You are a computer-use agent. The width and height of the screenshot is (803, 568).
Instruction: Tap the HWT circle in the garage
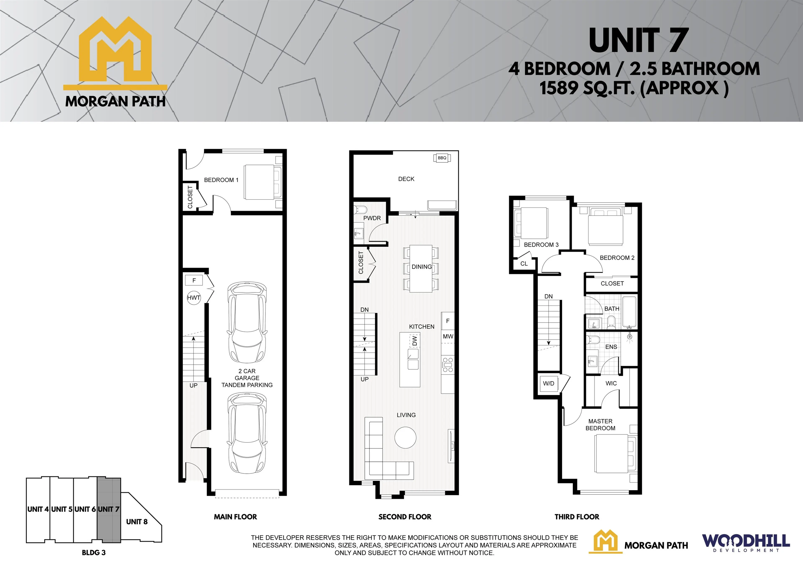click(194, 298)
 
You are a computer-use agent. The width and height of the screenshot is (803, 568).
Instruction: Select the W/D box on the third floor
click(548, 383)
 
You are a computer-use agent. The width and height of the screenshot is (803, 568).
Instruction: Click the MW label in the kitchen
click(448, 336)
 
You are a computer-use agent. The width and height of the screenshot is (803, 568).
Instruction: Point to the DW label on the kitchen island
click(414, 341)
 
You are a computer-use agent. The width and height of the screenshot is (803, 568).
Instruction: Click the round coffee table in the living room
click(405, 437)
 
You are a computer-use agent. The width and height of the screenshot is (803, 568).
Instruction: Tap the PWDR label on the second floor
click(372, 218)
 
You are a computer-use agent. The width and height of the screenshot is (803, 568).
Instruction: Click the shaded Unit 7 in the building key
click(109, 510)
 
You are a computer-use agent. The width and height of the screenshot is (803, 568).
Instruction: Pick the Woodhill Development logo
click(746, 542)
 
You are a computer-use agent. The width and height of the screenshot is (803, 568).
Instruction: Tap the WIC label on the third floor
click(611, 383)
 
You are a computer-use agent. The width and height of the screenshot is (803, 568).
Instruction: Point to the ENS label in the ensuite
click(611, 347)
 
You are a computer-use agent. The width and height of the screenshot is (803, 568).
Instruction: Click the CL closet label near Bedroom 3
click(524, 264)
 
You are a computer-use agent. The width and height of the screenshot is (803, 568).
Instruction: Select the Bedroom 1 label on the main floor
click(221, 180)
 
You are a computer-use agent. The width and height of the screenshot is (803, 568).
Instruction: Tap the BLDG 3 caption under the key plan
click(94, 553)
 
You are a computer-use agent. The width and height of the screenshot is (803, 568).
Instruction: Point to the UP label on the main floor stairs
click(193, 385)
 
